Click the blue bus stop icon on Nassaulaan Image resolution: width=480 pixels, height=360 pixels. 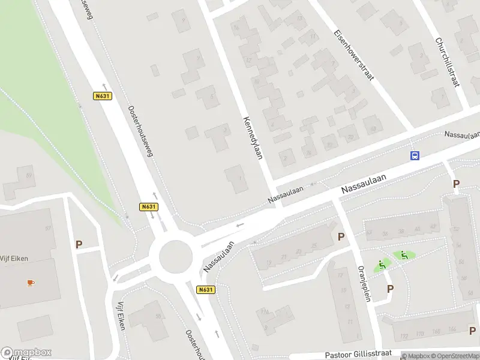(414, 155)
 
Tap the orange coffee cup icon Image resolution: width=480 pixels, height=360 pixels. (30, 282)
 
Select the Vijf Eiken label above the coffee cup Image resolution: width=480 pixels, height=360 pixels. (14, 259)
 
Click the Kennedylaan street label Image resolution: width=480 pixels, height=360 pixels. (253, 137)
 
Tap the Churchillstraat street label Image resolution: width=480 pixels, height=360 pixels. (447, 62)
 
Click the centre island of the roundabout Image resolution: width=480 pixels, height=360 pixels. (176, 257)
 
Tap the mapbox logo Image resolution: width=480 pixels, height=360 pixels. (26, 352)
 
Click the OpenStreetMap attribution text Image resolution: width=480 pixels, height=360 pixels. (453, 356)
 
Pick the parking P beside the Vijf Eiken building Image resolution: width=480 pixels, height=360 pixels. (79, 245)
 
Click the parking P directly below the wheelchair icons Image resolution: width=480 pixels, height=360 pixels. (390, 289)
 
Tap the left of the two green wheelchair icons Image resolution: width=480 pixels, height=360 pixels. (382, 265)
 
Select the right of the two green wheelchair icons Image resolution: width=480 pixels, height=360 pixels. (404, 256)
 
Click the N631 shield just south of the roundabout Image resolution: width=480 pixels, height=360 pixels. (205, 289)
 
